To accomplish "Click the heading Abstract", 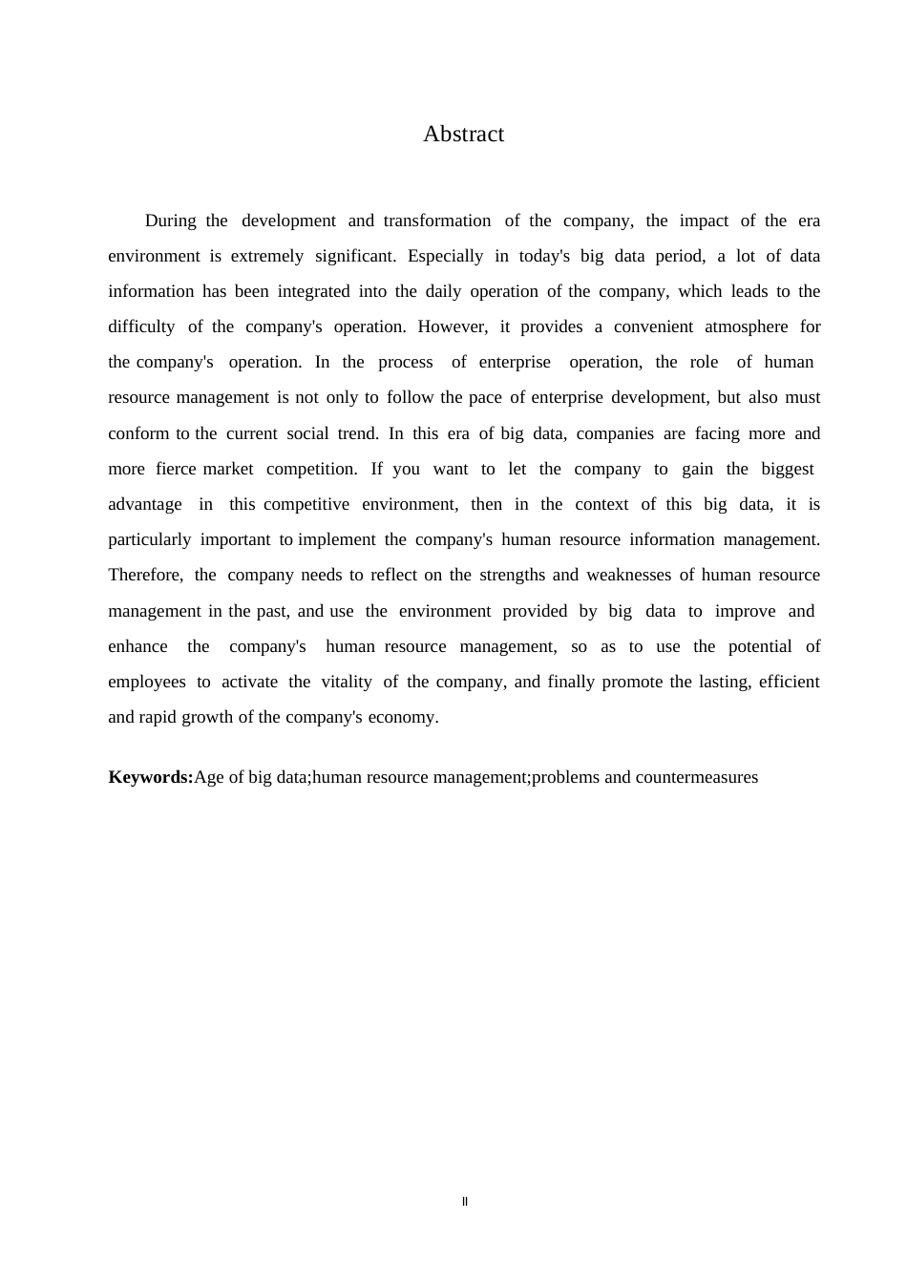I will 463,135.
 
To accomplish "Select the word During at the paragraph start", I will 171,221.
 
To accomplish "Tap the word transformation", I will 437,221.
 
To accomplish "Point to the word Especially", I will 446,257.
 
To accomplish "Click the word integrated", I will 314,292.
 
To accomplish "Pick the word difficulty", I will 141,327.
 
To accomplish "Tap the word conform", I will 138,434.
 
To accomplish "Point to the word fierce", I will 176,470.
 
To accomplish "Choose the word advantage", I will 145,505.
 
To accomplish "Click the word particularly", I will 150,540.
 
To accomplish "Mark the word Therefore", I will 146,576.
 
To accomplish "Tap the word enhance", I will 137,647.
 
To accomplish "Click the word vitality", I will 346,683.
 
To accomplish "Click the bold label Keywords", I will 151,778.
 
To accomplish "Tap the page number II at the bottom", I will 465,1202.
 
